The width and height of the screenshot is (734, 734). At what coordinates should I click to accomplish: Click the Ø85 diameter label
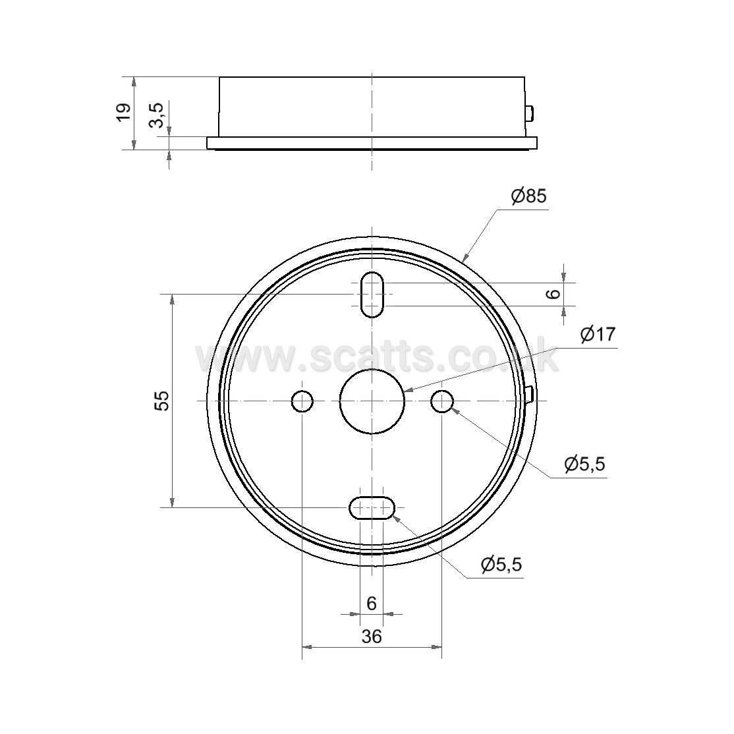(x=529, y=196)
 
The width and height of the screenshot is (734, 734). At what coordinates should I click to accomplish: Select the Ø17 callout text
(x=598, y=334)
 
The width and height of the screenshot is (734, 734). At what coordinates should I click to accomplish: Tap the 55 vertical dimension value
(x=162, y=401)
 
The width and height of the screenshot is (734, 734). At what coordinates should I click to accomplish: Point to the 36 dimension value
(x=372, y=636)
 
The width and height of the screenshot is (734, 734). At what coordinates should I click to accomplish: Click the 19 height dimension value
(x=124, y=113)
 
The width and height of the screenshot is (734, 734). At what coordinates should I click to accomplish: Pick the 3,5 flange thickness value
(x=157, y=115)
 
